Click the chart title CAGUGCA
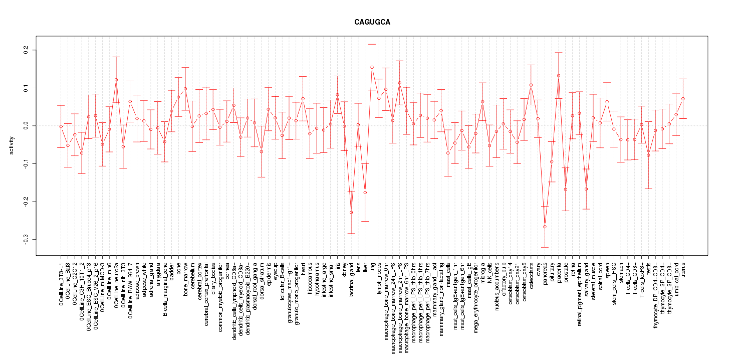pos(372,23)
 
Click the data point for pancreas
pos(545,227)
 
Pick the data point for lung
pos(372,67)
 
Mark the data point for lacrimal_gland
pos(351,212)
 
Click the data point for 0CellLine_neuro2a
pos(116,80)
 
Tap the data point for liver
pos(365,193)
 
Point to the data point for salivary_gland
pos(586,189)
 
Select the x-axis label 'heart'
pos(303,268)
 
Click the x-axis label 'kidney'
pos(345,270)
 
